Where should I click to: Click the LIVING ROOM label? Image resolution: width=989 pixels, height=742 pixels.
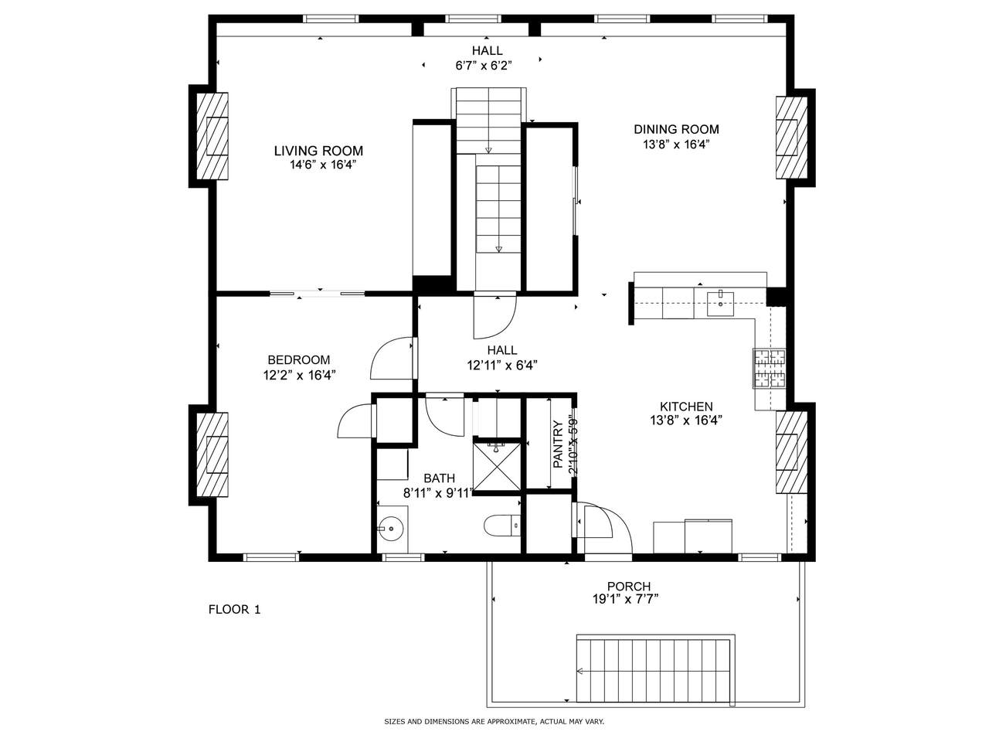pos(318,151)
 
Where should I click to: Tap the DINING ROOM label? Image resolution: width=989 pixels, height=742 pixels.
pos(676,129)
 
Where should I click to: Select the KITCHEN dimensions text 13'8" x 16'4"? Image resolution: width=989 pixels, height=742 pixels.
pos(686,420)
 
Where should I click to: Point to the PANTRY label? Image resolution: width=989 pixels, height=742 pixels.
pos(558,444)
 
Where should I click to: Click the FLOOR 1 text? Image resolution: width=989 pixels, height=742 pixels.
pos(234,610)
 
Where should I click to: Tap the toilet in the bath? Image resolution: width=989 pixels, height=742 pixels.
pos(501,526)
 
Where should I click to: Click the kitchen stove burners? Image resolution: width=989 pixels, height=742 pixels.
pos(770,369)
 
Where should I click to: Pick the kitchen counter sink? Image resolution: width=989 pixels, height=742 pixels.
pos(720,304)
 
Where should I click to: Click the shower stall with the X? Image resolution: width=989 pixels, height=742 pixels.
pos(497,467)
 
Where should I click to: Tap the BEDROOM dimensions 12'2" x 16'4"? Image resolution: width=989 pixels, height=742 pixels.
pos(300,375)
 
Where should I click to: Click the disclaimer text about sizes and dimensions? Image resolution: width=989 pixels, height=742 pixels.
pos(494,722)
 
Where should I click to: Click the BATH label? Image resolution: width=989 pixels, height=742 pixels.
pos(440,478)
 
